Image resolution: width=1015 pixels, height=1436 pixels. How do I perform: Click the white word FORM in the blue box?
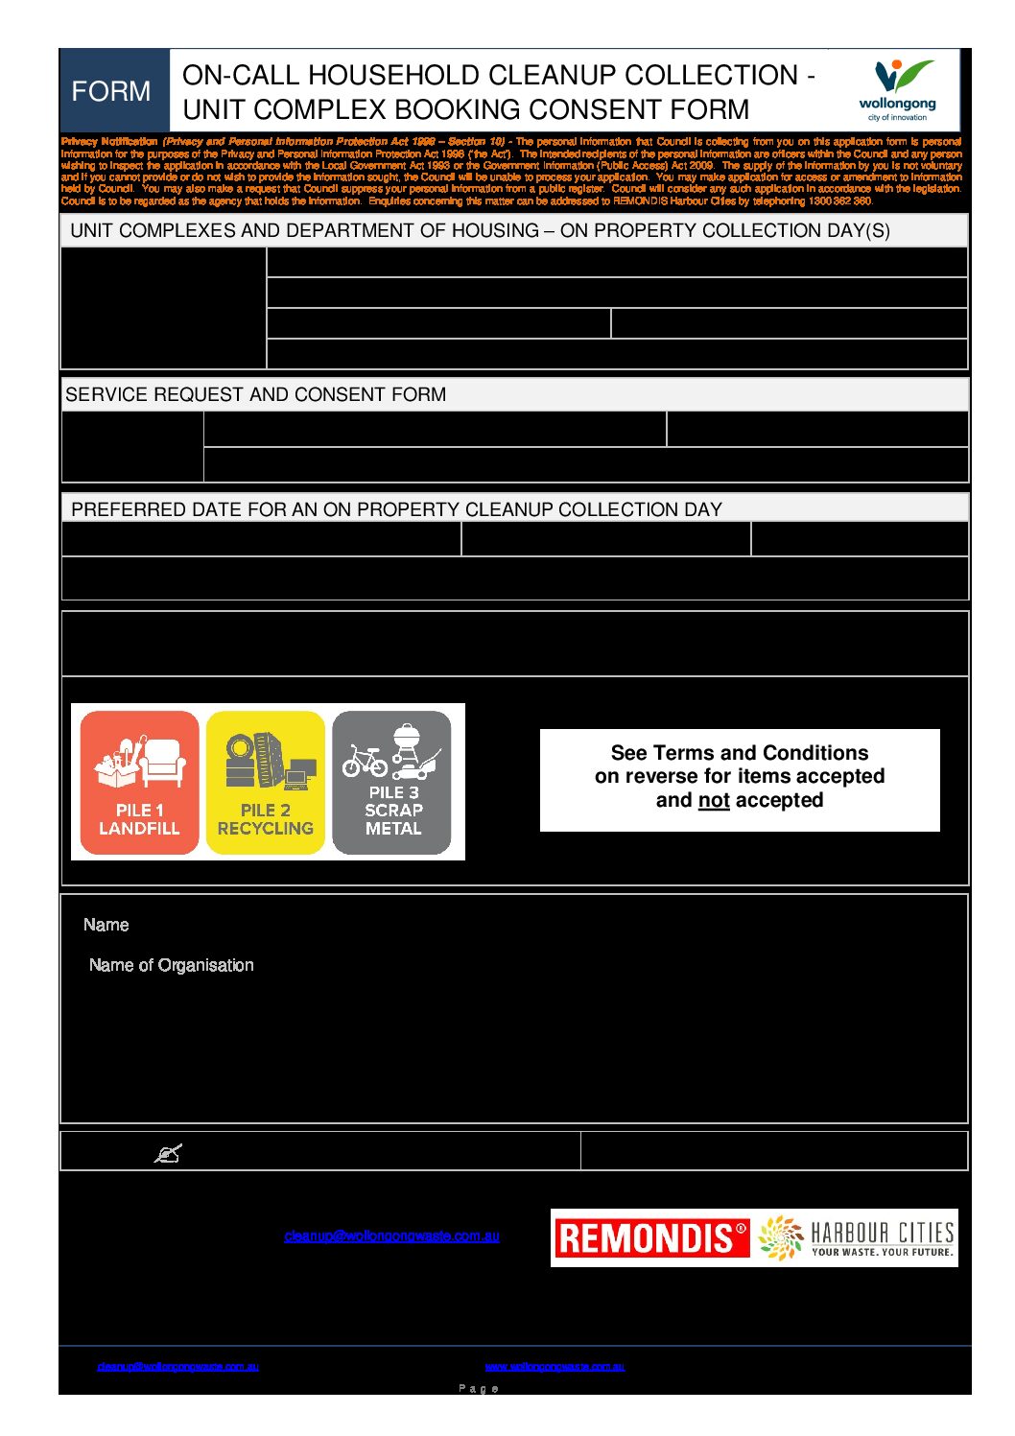[111, 91]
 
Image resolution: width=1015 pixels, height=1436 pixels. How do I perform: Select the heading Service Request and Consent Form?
[255, 394]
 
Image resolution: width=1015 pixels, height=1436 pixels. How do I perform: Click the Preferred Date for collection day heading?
[396, 509]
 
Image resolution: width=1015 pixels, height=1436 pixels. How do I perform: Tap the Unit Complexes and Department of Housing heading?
[480, 230]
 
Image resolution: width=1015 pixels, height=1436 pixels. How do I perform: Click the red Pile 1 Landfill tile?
[139, 783]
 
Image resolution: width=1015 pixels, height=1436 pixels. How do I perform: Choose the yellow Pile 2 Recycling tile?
[266, 783]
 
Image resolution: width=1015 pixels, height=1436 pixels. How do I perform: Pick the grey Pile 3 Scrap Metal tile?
[392, 783]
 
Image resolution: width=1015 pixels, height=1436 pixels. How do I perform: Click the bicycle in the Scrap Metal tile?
[365, 761]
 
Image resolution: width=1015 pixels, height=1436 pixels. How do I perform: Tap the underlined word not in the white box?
[714, 800]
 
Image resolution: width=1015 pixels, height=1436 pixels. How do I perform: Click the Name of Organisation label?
[171, 965]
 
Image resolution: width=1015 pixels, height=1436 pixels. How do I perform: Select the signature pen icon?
[168, 1153]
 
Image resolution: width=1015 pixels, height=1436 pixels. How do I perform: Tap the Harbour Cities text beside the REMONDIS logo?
[882, 1236]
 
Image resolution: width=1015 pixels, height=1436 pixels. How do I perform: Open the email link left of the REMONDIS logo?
[391, 1236]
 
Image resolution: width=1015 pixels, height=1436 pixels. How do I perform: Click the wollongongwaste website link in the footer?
[555, 1366]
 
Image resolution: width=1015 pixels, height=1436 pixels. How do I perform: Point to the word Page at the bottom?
[479, 1388]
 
